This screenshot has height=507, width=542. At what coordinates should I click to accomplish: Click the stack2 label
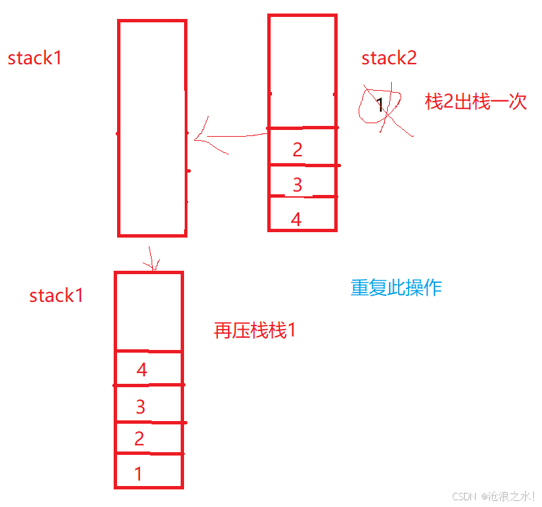pyautogui.click(x=389, y=58)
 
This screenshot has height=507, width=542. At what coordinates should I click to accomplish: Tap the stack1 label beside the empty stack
pyautogui.click(x=35, y=58)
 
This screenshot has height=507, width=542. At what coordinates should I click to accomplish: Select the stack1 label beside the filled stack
pyautogui.click(x=56, y=296)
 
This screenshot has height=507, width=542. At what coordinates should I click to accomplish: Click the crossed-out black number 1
pyautogui.click(x=380, y=105)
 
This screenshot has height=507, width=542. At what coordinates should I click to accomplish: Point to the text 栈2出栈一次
pyautogui.click(x=475, y=102)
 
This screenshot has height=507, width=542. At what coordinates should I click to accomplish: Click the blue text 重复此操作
pyautogui.click(x=396, y=288)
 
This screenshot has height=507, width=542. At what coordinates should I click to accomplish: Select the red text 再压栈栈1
pyautogui.click(x=255, y=331)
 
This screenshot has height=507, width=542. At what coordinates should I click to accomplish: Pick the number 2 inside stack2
pyautogui.click(x=298, y=150)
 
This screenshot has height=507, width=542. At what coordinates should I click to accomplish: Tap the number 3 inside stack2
pyautogui.click(x=298, y=184)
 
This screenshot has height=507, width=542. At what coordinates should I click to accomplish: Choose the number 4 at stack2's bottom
pyautogui.click(x=296, y=219)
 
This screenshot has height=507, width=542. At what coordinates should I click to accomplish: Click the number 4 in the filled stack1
pyautogui.click(x=141, y=370)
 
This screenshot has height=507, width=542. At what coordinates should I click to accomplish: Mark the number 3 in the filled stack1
pyautogui.click(x=141, y=407)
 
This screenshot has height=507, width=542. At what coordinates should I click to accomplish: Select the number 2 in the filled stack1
pyautogui.click(x=139, y=439)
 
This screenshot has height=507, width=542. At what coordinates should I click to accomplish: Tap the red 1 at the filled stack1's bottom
pyautogui.click(x=139, y=474)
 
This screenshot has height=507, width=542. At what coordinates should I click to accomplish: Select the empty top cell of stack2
pyautogui.click(x=302, y=71)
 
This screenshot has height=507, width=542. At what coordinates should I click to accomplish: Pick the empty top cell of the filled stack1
pyautogui.click(x=148, y=311)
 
